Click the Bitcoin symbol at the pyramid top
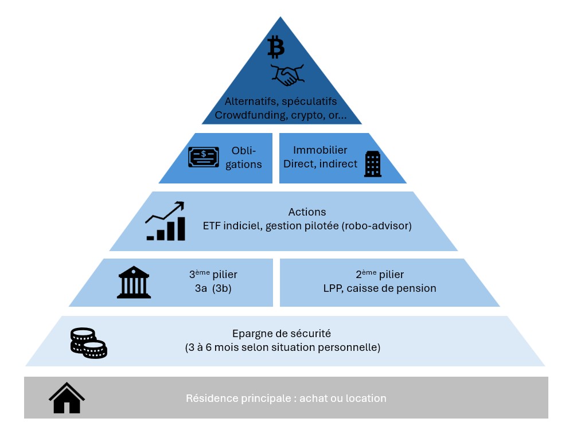(x=276, y=47)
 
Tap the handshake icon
(x=287, y=75)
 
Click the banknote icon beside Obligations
(x=204, y=157)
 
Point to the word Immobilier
(x=320, y=150)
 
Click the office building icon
(x=373, y=164)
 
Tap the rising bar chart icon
(x=165, y=221)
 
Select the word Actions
(x=307, y=212)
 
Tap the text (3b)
(x=221, y=288)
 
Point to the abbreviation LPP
(x=333, y=288)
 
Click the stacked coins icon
(x=88, y=343)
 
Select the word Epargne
(x=251, y=334)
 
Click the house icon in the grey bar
(x=67, y=398)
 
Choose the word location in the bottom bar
(x=366, y=398)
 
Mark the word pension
(x=418, y=288)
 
